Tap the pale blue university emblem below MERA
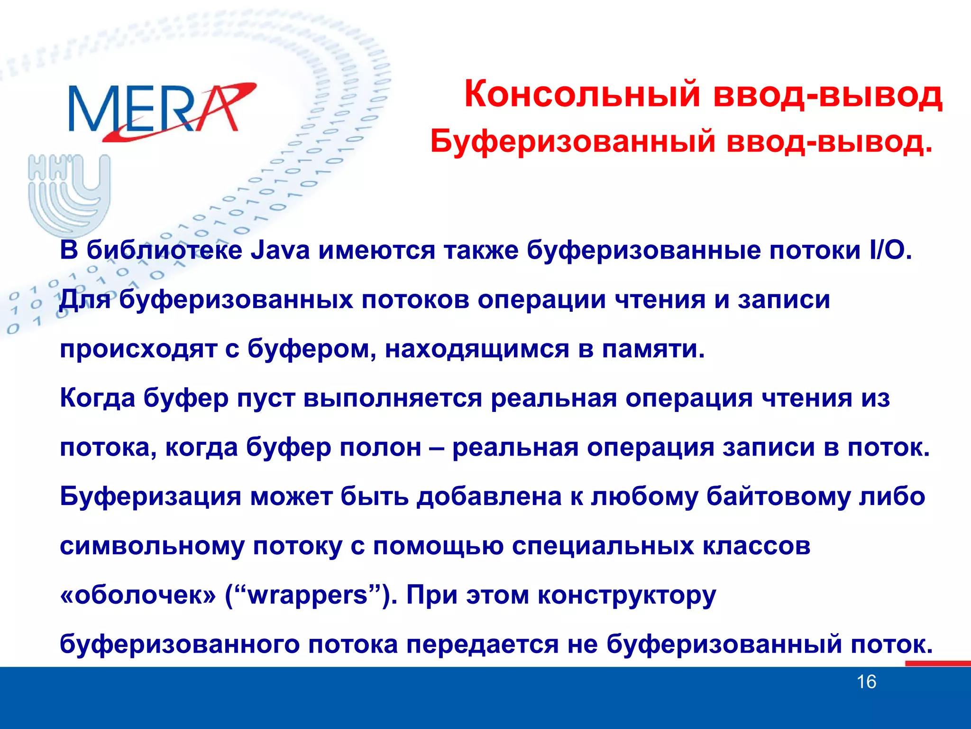[x=69, y=195]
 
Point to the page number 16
[x=866, y=682]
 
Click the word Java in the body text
[x=280, y=250]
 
